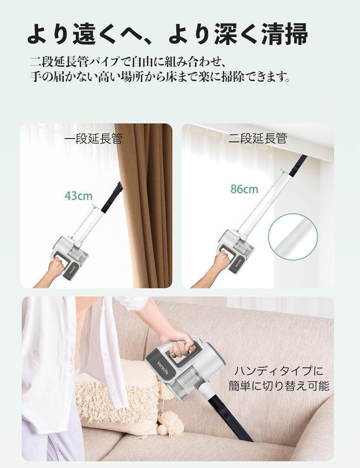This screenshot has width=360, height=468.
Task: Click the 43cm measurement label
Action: click(x=78, y=195)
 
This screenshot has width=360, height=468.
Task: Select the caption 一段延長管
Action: click(x=93, y=139)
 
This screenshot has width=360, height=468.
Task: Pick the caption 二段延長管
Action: click(x=257, y=139)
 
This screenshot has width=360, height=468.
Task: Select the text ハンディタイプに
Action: click(x=279, y=371)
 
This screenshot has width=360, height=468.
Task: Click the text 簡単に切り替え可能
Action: click(x=279, y=386)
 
